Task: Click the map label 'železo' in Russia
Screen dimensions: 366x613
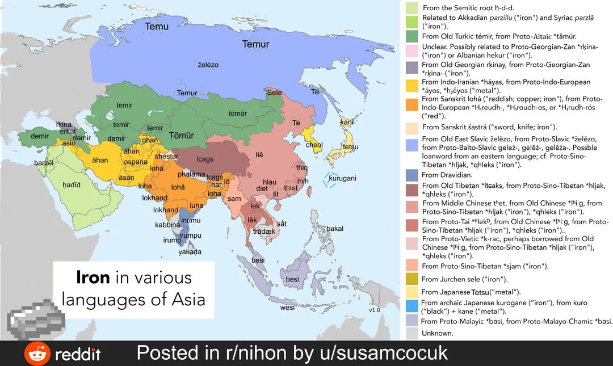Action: click(208, 65)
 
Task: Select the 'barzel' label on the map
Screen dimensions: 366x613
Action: click(44, 162)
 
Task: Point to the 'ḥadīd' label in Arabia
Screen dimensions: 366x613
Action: click(72, 185)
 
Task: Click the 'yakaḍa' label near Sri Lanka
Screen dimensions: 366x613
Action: click(190, 252)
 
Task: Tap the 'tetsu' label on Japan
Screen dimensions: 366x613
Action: click(350, 147)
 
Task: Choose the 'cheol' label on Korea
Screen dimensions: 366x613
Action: click(314, 145)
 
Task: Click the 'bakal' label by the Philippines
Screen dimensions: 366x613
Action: click(335, 229)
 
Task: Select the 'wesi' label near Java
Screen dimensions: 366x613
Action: click(288, 309)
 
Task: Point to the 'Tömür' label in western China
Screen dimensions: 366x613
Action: click(182, 136)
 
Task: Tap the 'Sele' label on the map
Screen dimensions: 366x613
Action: click(274, 92)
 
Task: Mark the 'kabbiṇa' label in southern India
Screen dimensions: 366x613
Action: click(167, 225)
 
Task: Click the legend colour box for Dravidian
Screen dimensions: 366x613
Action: click(413, 175)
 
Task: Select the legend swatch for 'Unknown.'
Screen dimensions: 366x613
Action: click(413, 334)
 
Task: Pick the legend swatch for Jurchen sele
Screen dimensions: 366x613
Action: click(413, 279)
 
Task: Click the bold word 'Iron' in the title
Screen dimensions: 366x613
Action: click(93, 278)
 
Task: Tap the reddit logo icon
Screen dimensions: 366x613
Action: click(37, 354)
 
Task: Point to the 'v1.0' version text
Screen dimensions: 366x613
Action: click(374, 310)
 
